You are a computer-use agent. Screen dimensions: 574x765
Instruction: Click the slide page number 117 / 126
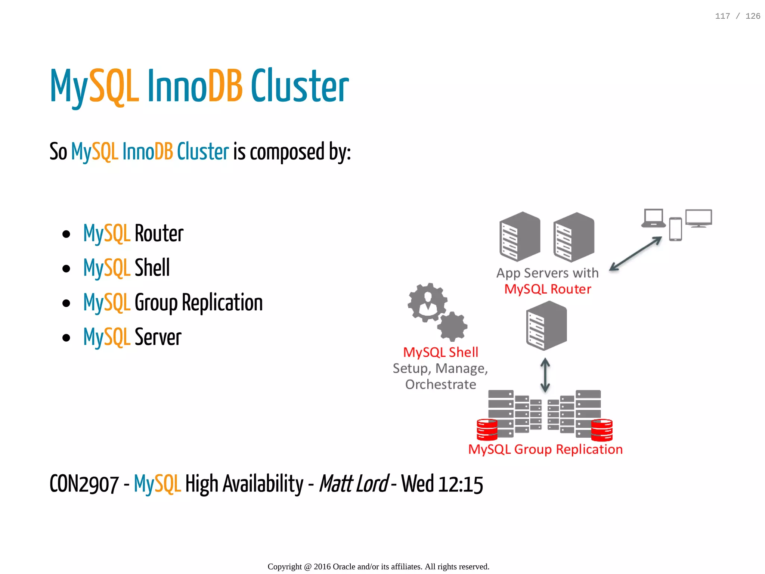click(737, 16)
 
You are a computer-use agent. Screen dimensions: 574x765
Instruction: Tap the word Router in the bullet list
click(159, 234)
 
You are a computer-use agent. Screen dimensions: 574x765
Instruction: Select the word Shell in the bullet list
click(152, 268)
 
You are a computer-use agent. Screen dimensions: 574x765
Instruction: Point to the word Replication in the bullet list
click(222, 302)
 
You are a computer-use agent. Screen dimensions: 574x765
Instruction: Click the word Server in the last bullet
click(158, 337)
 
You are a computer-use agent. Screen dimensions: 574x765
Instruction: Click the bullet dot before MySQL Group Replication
click(66, 303)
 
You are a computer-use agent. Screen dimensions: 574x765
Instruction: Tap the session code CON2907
click(84, 484)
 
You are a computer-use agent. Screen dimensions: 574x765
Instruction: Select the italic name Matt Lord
click(353, 484)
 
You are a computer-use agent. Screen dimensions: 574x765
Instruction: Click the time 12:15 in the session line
click(461, 484)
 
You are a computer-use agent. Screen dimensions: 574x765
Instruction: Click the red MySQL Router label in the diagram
click(548, 289)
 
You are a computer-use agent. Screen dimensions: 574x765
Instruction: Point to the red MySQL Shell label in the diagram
click(440, 352)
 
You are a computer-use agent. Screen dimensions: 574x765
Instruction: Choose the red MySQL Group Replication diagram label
click(545, 449)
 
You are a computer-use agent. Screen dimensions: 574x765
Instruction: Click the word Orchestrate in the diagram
click(441, 384)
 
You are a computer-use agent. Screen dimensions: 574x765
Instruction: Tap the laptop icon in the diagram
click(653, 218)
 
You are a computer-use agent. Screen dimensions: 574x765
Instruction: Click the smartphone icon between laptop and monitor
click(675, 229)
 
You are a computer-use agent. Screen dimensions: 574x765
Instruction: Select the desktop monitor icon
click(699, 218)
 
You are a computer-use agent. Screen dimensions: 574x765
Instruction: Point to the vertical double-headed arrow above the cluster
click(545, 375)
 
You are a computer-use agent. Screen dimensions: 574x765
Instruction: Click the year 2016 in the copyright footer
click(322, 567)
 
